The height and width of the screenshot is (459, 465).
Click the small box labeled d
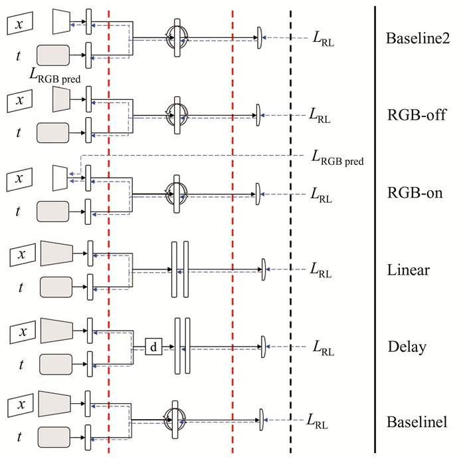tap(154, 347)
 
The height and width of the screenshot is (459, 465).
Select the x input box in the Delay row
tap(23, 331)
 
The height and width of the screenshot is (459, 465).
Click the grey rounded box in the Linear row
tap(60, 287)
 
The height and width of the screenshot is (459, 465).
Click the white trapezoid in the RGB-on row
tap(60, 177)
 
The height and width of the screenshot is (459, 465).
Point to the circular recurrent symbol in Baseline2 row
tap(177, 38)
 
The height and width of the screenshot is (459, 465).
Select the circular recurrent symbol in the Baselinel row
tap(177, 420)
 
